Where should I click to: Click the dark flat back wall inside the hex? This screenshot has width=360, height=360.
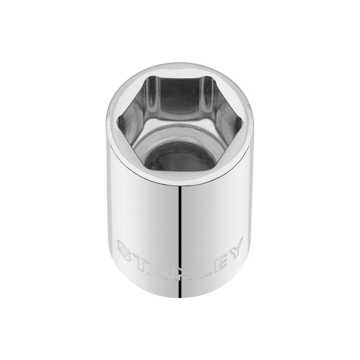[180, 100]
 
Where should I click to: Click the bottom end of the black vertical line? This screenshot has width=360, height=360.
[180, 297]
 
